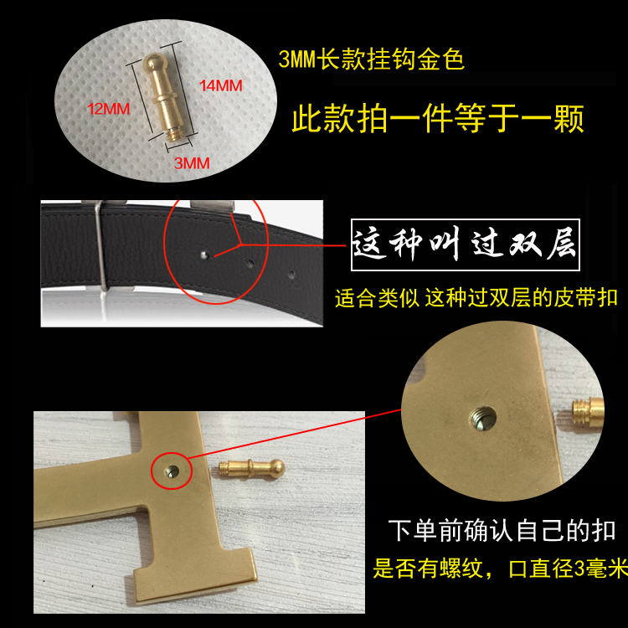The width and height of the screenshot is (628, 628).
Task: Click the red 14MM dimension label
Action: [x=221, y=85]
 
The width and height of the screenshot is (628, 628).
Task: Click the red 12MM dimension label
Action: [x=108, y=109]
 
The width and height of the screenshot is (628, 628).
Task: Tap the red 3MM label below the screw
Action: [x=192, y=163]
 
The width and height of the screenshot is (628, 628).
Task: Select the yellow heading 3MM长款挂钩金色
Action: [x=371, y=59]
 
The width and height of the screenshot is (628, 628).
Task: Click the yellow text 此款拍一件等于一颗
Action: [x=437, y=118]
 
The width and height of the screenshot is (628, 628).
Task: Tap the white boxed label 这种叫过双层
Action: [x=465, y=245]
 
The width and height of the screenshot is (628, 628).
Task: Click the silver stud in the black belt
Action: [x=204, y=255]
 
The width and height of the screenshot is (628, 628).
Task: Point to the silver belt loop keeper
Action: [x=100, y=245]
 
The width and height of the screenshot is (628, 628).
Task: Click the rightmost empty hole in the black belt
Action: [x=292, y=275]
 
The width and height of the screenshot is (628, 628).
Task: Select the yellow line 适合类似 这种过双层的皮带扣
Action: [x=476, y=298]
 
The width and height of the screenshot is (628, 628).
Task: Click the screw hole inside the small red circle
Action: [x=172, y=471]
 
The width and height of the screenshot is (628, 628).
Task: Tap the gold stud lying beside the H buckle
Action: [x=252, y=467]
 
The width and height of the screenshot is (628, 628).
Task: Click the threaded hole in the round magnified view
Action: [x=482, y=418]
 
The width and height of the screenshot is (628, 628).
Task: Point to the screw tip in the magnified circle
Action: [x=588, y=411]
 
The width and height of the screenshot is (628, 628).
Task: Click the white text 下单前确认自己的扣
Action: [x=502, y=531]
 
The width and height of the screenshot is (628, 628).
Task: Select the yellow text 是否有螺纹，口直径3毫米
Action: [x=500, y=568]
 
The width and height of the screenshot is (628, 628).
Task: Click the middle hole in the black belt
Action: [x=250, y=264]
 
